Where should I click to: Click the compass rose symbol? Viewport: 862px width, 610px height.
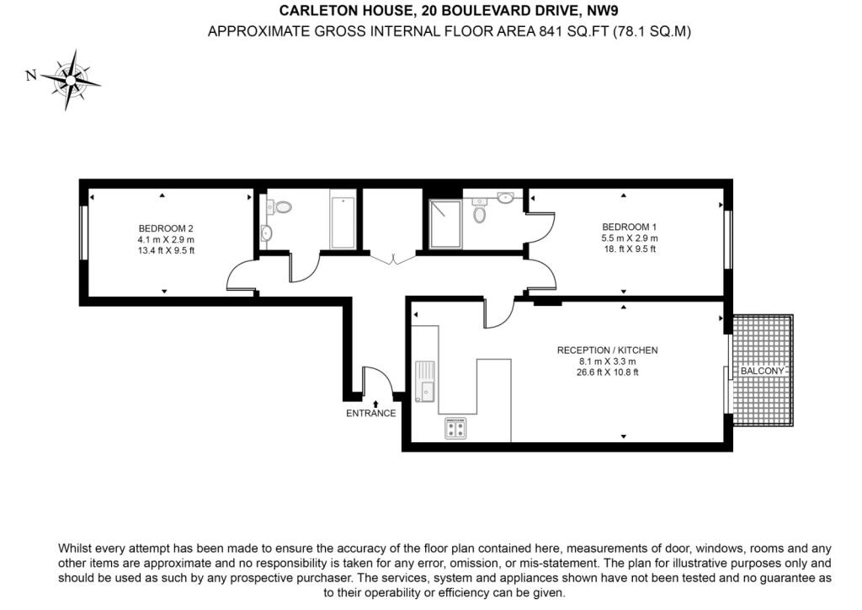[71, 78]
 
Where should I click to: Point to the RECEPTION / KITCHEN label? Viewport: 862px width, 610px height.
[607, 350]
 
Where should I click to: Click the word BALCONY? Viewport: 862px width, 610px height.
[763, 372]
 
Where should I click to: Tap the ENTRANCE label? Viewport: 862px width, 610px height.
[370, 414]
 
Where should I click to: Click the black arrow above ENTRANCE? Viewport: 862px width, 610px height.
[375, 404]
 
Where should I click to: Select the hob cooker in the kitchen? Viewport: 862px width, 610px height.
[455, 429]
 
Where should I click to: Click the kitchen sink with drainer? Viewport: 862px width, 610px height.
[425, 380]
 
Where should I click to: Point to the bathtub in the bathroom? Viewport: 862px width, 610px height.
[343, 222]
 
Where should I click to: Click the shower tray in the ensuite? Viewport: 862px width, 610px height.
[445, 223]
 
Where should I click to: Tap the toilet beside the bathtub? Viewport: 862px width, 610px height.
[283, 206]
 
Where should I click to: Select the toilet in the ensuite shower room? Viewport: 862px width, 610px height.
[480, 214]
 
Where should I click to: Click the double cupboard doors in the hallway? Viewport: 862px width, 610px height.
[389, 260]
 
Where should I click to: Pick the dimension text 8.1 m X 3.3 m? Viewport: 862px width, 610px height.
[607, 361]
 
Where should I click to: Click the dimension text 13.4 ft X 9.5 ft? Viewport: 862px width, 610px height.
[166, 250]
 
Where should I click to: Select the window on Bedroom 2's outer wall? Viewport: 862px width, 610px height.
[82, 233]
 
